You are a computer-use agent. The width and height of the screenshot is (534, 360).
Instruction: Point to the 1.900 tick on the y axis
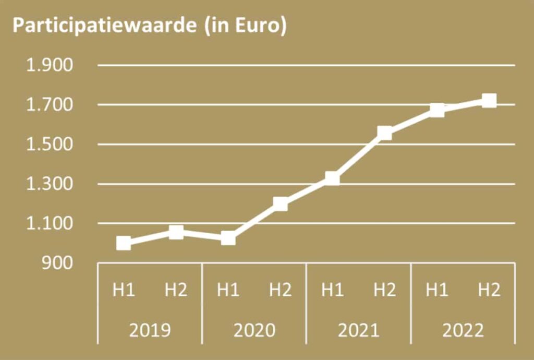coord(50,66)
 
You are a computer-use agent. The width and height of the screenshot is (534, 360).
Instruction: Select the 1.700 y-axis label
coord(50,105)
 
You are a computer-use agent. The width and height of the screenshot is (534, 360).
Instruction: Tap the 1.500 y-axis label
coord(50,145)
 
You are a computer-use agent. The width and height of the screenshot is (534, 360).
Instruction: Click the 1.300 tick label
coord(50,184)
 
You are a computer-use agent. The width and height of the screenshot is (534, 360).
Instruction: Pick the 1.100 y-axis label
coord(50,224)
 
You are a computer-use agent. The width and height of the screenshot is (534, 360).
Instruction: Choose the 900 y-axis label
coord(58,263)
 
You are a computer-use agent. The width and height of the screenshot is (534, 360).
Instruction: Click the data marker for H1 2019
coord(124,243)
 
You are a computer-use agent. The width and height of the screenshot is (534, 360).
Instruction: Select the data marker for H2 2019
coord(176,232)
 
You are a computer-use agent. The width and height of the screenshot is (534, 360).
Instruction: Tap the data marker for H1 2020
coord(228,238)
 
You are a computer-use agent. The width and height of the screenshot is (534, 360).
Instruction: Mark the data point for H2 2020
coord(281,203)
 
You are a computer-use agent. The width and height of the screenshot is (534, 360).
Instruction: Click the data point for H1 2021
coord(332,179)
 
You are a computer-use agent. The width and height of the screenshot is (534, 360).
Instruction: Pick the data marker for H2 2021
coord(385,133)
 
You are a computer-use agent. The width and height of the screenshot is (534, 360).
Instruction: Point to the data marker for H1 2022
coord(437,110)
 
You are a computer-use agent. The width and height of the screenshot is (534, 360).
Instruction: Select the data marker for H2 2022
coord(489,101)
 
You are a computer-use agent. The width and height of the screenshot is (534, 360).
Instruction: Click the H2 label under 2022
coord(489,290)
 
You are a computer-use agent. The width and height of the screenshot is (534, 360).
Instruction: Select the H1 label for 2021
coord(332,290)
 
